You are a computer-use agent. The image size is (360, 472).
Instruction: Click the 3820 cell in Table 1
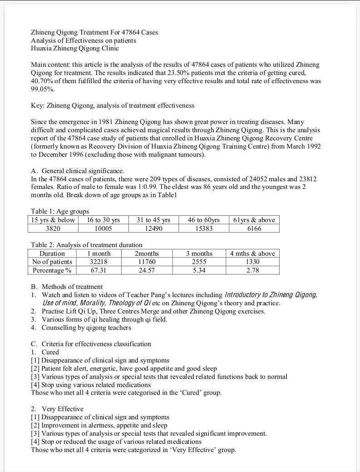pos(53,229)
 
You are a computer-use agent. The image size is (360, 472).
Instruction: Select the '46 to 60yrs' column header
pos(204,220)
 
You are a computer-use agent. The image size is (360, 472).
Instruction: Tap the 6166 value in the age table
pos(254,229)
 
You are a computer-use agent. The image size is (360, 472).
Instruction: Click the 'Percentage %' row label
pos(52,270)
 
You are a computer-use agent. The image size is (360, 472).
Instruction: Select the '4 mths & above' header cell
pos(252,253)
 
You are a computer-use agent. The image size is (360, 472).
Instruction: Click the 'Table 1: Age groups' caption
pos(60,211)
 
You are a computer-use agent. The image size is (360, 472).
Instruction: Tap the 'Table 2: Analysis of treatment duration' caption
pos(87,245)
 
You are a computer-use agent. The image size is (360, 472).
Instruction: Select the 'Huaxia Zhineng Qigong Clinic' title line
pos(75,48)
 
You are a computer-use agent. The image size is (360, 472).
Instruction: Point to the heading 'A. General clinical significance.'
pos(77,171)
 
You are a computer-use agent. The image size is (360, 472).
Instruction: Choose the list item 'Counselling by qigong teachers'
pos(86,328)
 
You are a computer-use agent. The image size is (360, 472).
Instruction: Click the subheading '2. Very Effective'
pos(57,409)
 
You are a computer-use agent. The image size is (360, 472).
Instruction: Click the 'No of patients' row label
pos(52,262)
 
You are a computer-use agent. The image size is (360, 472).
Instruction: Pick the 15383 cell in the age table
pos(204,229)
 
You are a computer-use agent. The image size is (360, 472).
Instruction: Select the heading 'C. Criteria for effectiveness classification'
pos(91,344)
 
